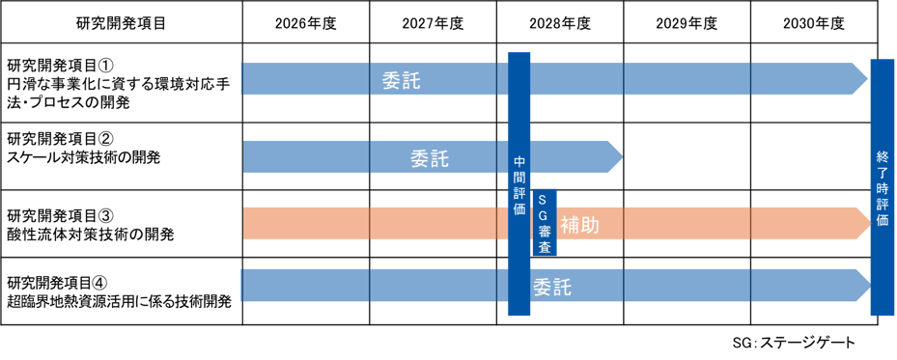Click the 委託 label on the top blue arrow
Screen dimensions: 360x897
point(402,80)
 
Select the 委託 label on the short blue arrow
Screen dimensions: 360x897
point(430,158)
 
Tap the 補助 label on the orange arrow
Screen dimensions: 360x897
point(579,225)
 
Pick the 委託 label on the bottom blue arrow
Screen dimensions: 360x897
point(552,287)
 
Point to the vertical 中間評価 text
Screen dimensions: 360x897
point(519,184)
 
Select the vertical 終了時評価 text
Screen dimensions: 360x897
point(883,187)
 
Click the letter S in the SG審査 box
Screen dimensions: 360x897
point(544,200)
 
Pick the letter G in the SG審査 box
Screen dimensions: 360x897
point(544,215)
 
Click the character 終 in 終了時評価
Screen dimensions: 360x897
point(883,156)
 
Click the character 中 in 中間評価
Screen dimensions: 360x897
point(519,161)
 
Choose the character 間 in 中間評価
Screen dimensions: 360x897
point(519,177)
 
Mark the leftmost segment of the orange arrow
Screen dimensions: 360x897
point(306,223)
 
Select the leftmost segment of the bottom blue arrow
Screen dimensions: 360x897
point(305,286)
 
